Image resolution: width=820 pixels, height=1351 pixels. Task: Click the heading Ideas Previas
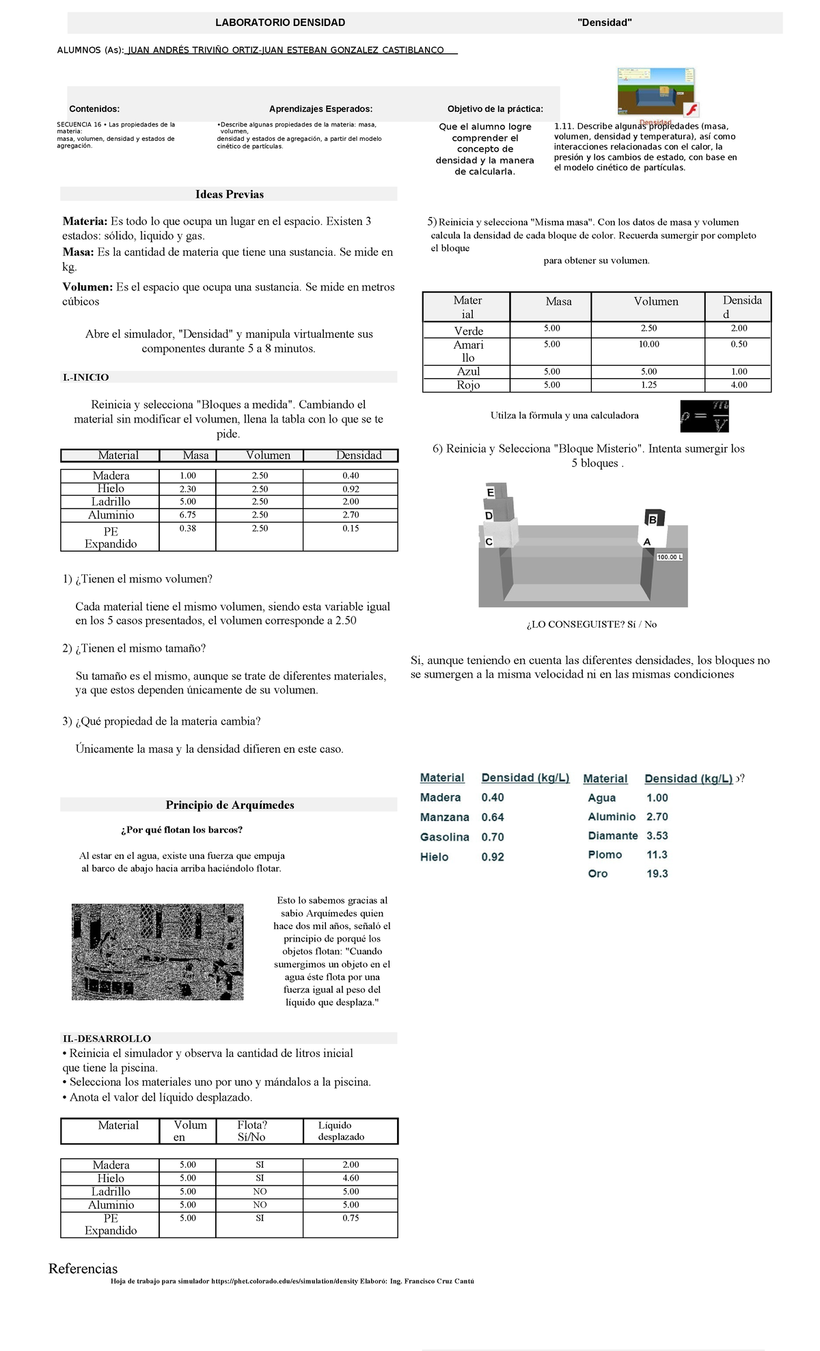click(x=229, y=194)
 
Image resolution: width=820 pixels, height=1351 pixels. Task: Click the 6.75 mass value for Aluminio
click(x=187, y=515)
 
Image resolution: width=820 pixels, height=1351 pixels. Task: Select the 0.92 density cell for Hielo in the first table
click(x=351, y=489)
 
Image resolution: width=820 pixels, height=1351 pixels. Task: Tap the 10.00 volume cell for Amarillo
click(x=648, y=345)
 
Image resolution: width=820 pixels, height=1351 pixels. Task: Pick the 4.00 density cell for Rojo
click(x=739, y=385)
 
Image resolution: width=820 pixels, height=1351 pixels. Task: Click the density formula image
click(x=705, y=416)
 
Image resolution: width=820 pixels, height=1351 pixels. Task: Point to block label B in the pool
click(x=653, y=520)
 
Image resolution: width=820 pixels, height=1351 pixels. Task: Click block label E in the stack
click(x=491, y=492)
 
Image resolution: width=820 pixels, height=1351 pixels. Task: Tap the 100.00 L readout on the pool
click(x=670, y=557)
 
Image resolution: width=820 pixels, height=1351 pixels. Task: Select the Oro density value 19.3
click(x=657, y=874)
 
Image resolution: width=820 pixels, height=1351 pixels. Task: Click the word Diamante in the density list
click(x=613, y=835)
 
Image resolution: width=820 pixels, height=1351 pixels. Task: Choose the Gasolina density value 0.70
click(x=493, y=837)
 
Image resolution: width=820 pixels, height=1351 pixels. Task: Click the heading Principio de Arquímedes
click(x=230, y=805)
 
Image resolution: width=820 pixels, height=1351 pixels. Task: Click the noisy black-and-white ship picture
click(x=157, y=952)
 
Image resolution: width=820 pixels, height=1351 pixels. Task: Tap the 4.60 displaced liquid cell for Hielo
click(x=351, y=1178)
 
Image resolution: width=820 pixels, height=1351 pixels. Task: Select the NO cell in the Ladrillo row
click(x=260, y=1191)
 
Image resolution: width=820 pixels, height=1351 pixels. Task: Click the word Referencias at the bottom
click(x=83, y=1269)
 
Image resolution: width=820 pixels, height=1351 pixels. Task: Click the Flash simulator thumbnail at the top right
click(x=657, y=92)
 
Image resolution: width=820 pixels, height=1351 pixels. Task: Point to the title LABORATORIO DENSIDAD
click(x=280, y=23)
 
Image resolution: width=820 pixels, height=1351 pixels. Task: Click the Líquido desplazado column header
click(x=341, y=1131)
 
